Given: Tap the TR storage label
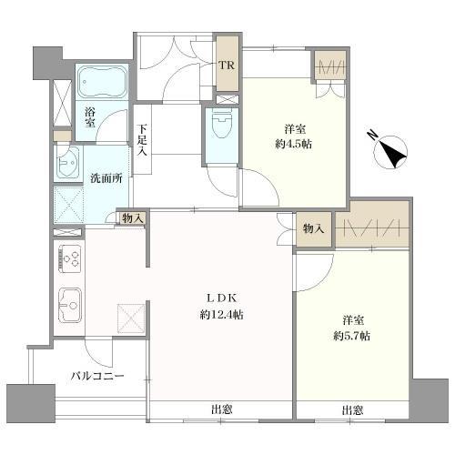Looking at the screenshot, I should (228, 66).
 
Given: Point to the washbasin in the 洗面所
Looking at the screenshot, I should (69, 166).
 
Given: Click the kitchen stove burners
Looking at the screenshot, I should (70, 259).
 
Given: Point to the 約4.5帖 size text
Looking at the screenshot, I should (291, 143).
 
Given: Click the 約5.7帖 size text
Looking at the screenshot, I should (350, 336).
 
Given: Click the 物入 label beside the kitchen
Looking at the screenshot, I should (131, 219).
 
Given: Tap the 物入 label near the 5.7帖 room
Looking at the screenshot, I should (314, 228).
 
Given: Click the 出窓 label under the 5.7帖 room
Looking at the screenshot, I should (354, 410).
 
